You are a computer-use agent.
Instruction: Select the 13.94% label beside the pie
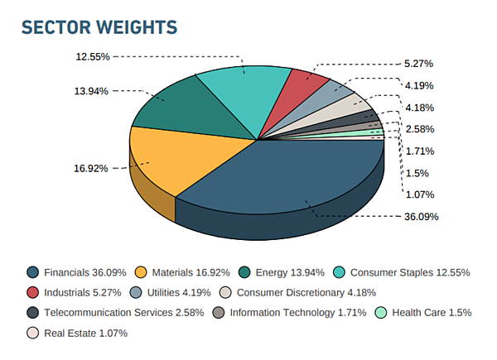click(x=91, y=91)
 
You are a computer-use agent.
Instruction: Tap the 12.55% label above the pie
click(x=93, y=56)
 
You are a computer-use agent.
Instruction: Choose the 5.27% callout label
click(x=418, y=63)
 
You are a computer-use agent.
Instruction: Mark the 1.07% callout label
click(x=418, y=194)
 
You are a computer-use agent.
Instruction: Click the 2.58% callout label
click(x=418, y=129)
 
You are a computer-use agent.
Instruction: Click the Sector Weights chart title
click(x=99, y=27)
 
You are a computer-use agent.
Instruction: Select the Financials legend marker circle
click(x=32, y=271)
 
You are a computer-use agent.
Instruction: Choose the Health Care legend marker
click(x=381, y=313)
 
